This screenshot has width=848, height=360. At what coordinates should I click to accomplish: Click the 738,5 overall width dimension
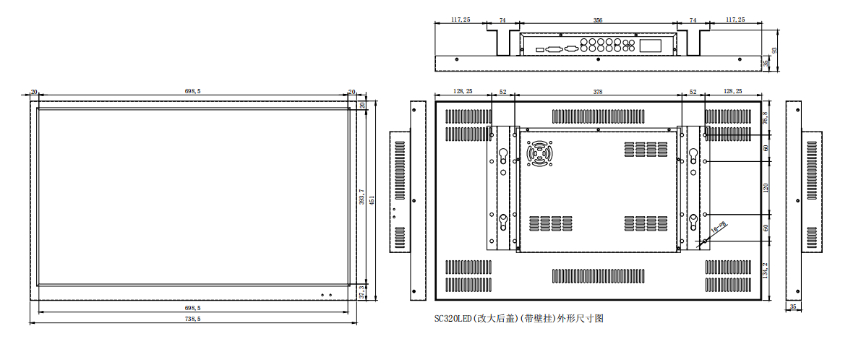pos(192,318)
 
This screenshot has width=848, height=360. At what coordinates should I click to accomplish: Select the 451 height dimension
pos(372,199)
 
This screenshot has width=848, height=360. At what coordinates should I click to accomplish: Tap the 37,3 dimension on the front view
pos(361,291)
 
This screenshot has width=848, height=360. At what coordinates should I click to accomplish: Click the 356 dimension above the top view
pos(598,20)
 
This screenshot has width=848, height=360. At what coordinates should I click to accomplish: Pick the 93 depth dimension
pos(774,50)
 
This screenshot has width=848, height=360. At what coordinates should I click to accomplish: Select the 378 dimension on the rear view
pos(597,92)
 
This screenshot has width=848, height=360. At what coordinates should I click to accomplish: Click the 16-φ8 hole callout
pos(719,228)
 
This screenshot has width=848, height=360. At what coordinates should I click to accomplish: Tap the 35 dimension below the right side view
pos(793,307)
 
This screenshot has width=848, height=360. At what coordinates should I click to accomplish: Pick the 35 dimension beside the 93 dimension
pos(766,64)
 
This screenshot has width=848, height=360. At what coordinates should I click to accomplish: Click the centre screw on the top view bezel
pos(598,60)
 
